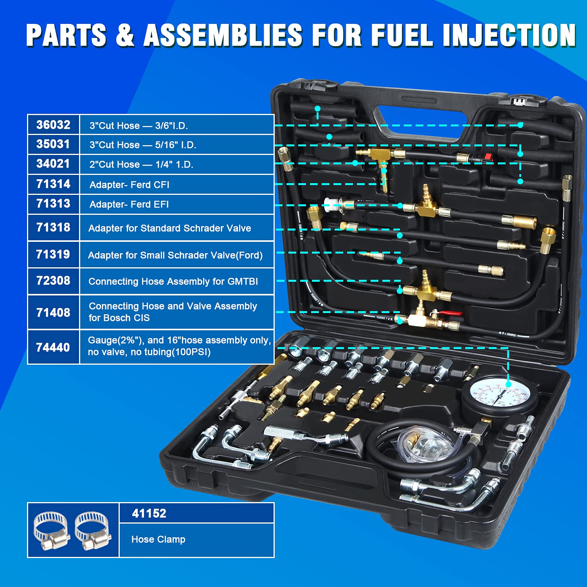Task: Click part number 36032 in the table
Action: coord(53,125)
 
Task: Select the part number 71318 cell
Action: coord(53,227)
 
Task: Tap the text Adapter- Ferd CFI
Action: coord(129,185)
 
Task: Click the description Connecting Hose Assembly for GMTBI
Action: coord(173,281)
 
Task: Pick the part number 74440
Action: coord(53,348)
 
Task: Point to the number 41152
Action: coord(149,513)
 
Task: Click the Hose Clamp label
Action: coord(158,539)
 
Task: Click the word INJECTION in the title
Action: coord(509,35)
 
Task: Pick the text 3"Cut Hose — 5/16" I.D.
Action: coord(143,145)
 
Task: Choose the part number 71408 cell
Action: coord(53,313)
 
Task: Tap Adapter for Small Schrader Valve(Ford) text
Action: coord(175,255)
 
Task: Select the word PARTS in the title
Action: coord(67,35)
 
